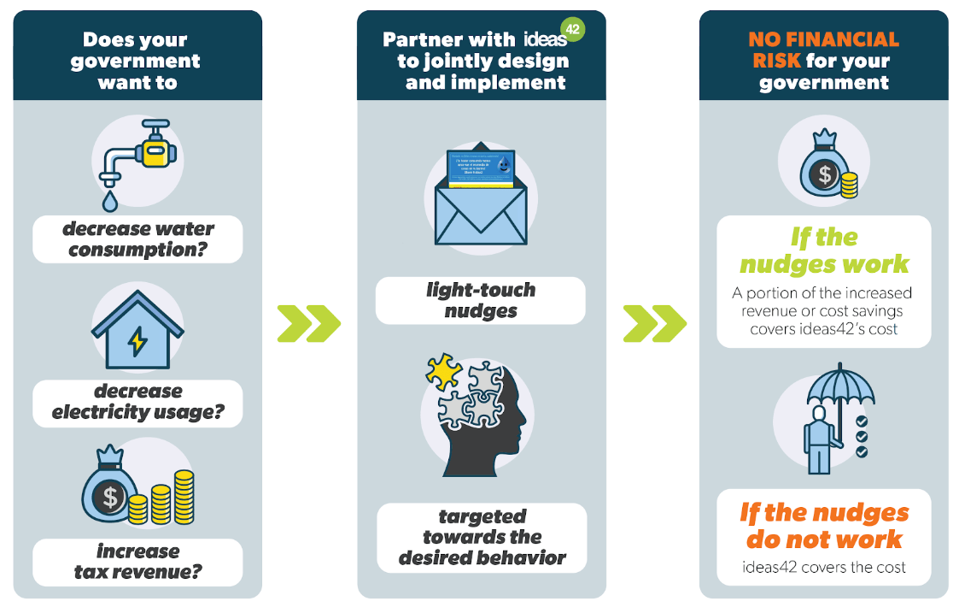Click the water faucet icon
(x=137, y=154)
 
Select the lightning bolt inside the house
(x=137, y=341)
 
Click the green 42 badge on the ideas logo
(x=573, y=30)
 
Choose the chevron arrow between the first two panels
(x=308, y=323)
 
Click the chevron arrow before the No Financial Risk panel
(x=654, y=323)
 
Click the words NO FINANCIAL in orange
(x=823, y=40)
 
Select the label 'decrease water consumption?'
(x=137, y=239)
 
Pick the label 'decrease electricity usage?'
(x=137, y=402)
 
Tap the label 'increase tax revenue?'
(x=137, y=562)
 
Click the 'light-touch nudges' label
(x=481, y=300)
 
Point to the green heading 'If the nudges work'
(x=823, y=251)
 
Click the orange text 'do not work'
(x=823, y=539)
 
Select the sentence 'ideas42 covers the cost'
(x=823, y=567)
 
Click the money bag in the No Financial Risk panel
(x=822, y=171)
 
